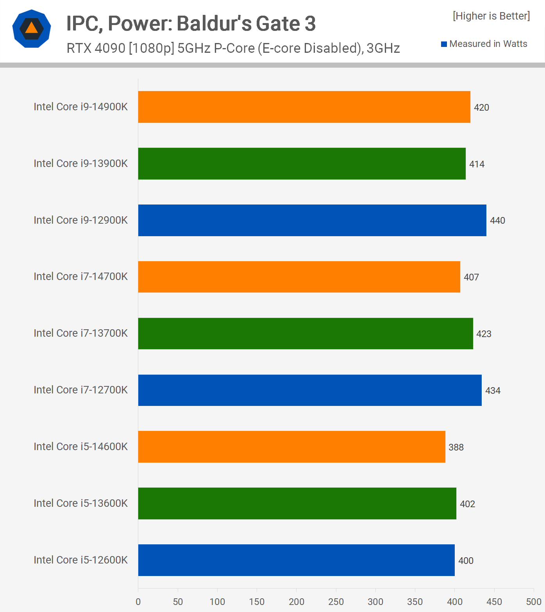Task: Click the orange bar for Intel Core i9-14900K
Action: tap(304, 107)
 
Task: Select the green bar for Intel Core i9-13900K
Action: tap(302, 163)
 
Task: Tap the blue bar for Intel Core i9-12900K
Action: tap(312, 220)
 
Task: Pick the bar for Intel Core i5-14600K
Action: tap(291, 447)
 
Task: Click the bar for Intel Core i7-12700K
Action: tap(310, 390)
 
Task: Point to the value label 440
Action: tap(497, 221)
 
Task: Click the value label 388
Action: tap(456, 447)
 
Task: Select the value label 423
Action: tap(484, 334)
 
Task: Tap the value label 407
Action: tap(471, 277)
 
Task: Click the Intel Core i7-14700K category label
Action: tap(80, 276)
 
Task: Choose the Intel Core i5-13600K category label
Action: tap(80, 503)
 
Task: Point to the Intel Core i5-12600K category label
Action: tap(80, 560)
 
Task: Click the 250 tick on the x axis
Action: tap(336, 601)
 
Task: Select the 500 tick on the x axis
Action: tap(534, 601)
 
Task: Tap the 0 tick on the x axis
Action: tap(138, 601)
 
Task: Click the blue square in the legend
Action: tap(444, 44)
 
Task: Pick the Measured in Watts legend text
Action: tap(488, 44)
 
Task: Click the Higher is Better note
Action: tap(491, 16)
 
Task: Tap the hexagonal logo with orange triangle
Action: tap(32, 29)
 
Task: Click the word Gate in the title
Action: tap(278, 23)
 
